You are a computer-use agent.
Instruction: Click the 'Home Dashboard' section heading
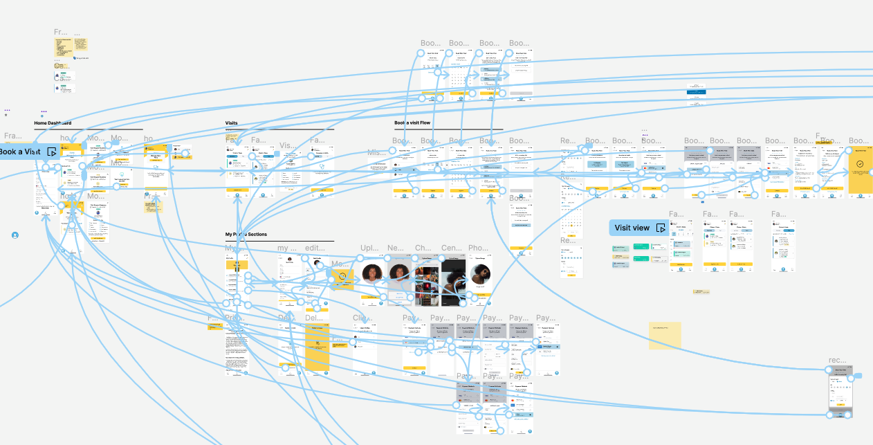point(53,123)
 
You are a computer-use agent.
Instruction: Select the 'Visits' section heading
point(231,123)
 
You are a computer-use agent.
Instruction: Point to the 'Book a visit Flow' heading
point(412,123)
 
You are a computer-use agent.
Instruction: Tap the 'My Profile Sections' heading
point(246,235)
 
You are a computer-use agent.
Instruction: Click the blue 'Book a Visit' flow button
point(25,152)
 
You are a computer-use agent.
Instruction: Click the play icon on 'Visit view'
point(661,228)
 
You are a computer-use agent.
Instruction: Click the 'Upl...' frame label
point(369,248)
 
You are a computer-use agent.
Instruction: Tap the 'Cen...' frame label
point(451,248)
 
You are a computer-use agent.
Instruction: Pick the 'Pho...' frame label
point(478,248)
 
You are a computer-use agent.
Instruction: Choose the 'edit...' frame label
point(315,248)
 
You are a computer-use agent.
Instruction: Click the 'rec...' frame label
point(838,360)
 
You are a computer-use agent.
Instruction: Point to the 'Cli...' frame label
point(362,318)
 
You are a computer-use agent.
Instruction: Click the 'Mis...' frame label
point(377,152)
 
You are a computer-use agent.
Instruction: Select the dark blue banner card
point(695,91)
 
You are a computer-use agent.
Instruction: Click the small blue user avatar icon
point(15,235)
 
